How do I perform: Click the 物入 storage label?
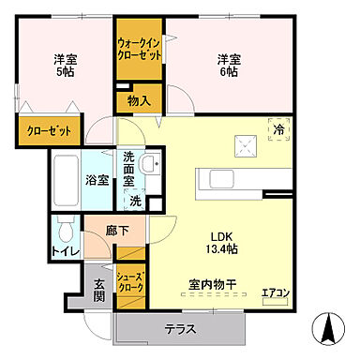(x=138, y=98)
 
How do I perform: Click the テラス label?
(x=179, y=331)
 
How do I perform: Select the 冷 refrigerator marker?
(x=278, y=130)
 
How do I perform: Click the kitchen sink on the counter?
(x=222, y=179)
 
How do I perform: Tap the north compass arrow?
(x=328, y=328)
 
